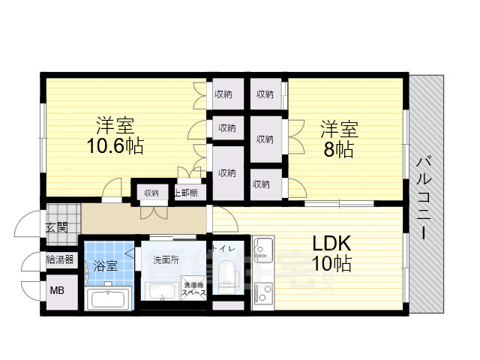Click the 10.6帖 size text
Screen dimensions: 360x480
tap(114, 145)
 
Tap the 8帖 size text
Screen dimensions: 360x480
tap(339, 148)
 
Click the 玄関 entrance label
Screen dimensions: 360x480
tap(57, 227)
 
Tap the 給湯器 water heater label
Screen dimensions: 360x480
tap(60, 259)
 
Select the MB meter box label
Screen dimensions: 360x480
tap(57, 291)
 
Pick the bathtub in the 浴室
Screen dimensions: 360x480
tap(109, 301)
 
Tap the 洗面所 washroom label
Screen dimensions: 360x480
tap(165, 260)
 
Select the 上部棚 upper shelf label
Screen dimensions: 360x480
tap(186, 193)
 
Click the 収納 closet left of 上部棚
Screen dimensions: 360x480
tap(151, 193)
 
